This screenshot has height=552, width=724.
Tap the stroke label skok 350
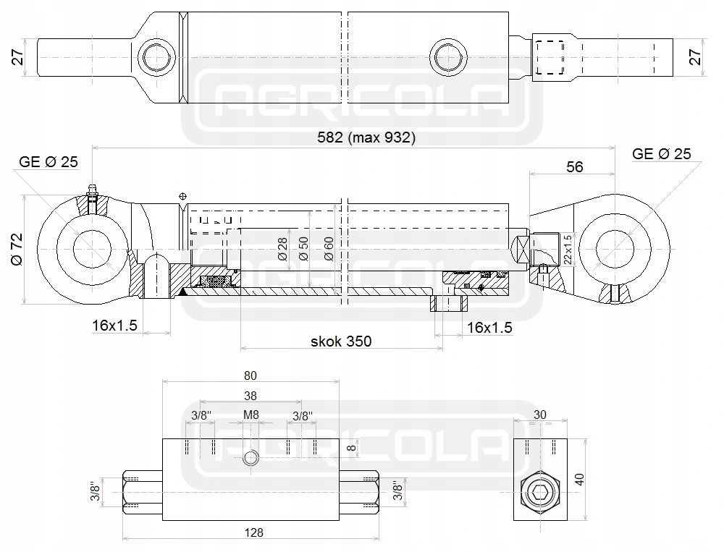click(341, 341)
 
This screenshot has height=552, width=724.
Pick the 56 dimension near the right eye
click(574, 166)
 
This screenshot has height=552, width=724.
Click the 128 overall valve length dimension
click(253, 532)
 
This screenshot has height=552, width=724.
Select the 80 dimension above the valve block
click(251, 375)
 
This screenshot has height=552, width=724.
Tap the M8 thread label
click(251, 415)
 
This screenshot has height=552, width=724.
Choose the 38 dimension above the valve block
click(251, 396)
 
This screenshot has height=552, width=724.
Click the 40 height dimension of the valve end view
click(579, 479)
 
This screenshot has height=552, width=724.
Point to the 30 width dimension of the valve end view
click(540, 415)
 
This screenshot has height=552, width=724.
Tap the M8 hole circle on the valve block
click(251, 457)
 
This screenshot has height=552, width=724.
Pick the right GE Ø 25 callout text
click(661, 153)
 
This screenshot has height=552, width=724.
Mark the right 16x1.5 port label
click(489, 328)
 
